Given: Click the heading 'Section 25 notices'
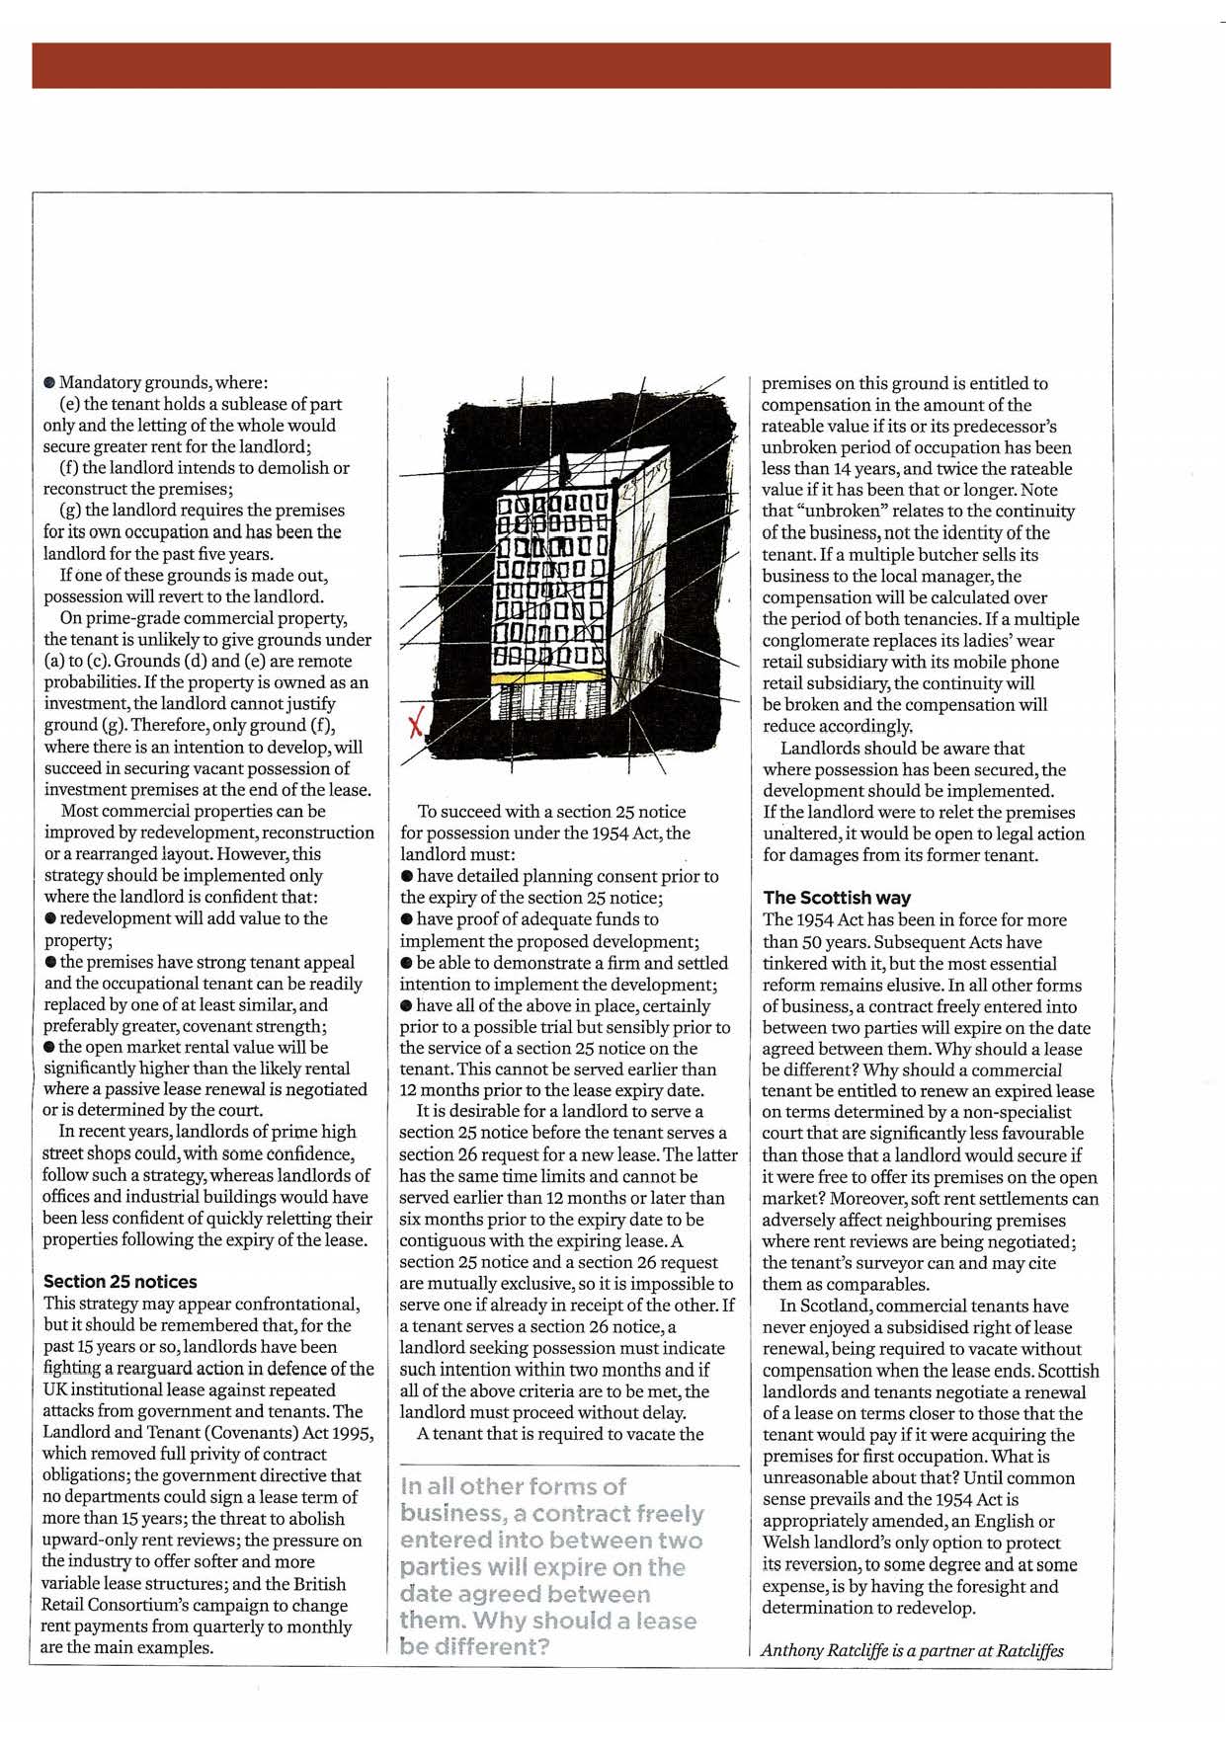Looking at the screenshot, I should [x=120, y=1282].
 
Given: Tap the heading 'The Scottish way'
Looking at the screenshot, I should [x=837, y=898].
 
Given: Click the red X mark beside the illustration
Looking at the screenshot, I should [x=416, y=726].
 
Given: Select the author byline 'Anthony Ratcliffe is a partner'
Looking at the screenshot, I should [x=911, y=1650].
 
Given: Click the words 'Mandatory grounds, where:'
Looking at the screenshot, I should [x=163, y=382].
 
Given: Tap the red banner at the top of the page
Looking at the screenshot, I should [x=571, y=65].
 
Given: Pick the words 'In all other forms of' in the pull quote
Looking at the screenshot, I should [x=513, y=1486].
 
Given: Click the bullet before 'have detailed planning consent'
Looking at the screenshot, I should [x=406, y=876].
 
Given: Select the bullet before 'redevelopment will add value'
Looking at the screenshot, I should [x=50, y=918].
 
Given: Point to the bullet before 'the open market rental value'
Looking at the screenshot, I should [x=49, y=1047].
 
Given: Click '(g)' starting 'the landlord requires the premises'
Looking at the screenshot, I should [x=71, y=511].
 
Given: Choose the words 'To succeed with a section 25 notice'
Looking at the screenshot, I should [x=551, y=812].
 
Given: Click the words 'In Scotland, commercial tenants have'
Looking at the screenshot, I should [x=924, y=1306].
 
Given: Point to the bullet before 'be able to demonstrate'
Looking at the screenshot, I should [x=406, y=963].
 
